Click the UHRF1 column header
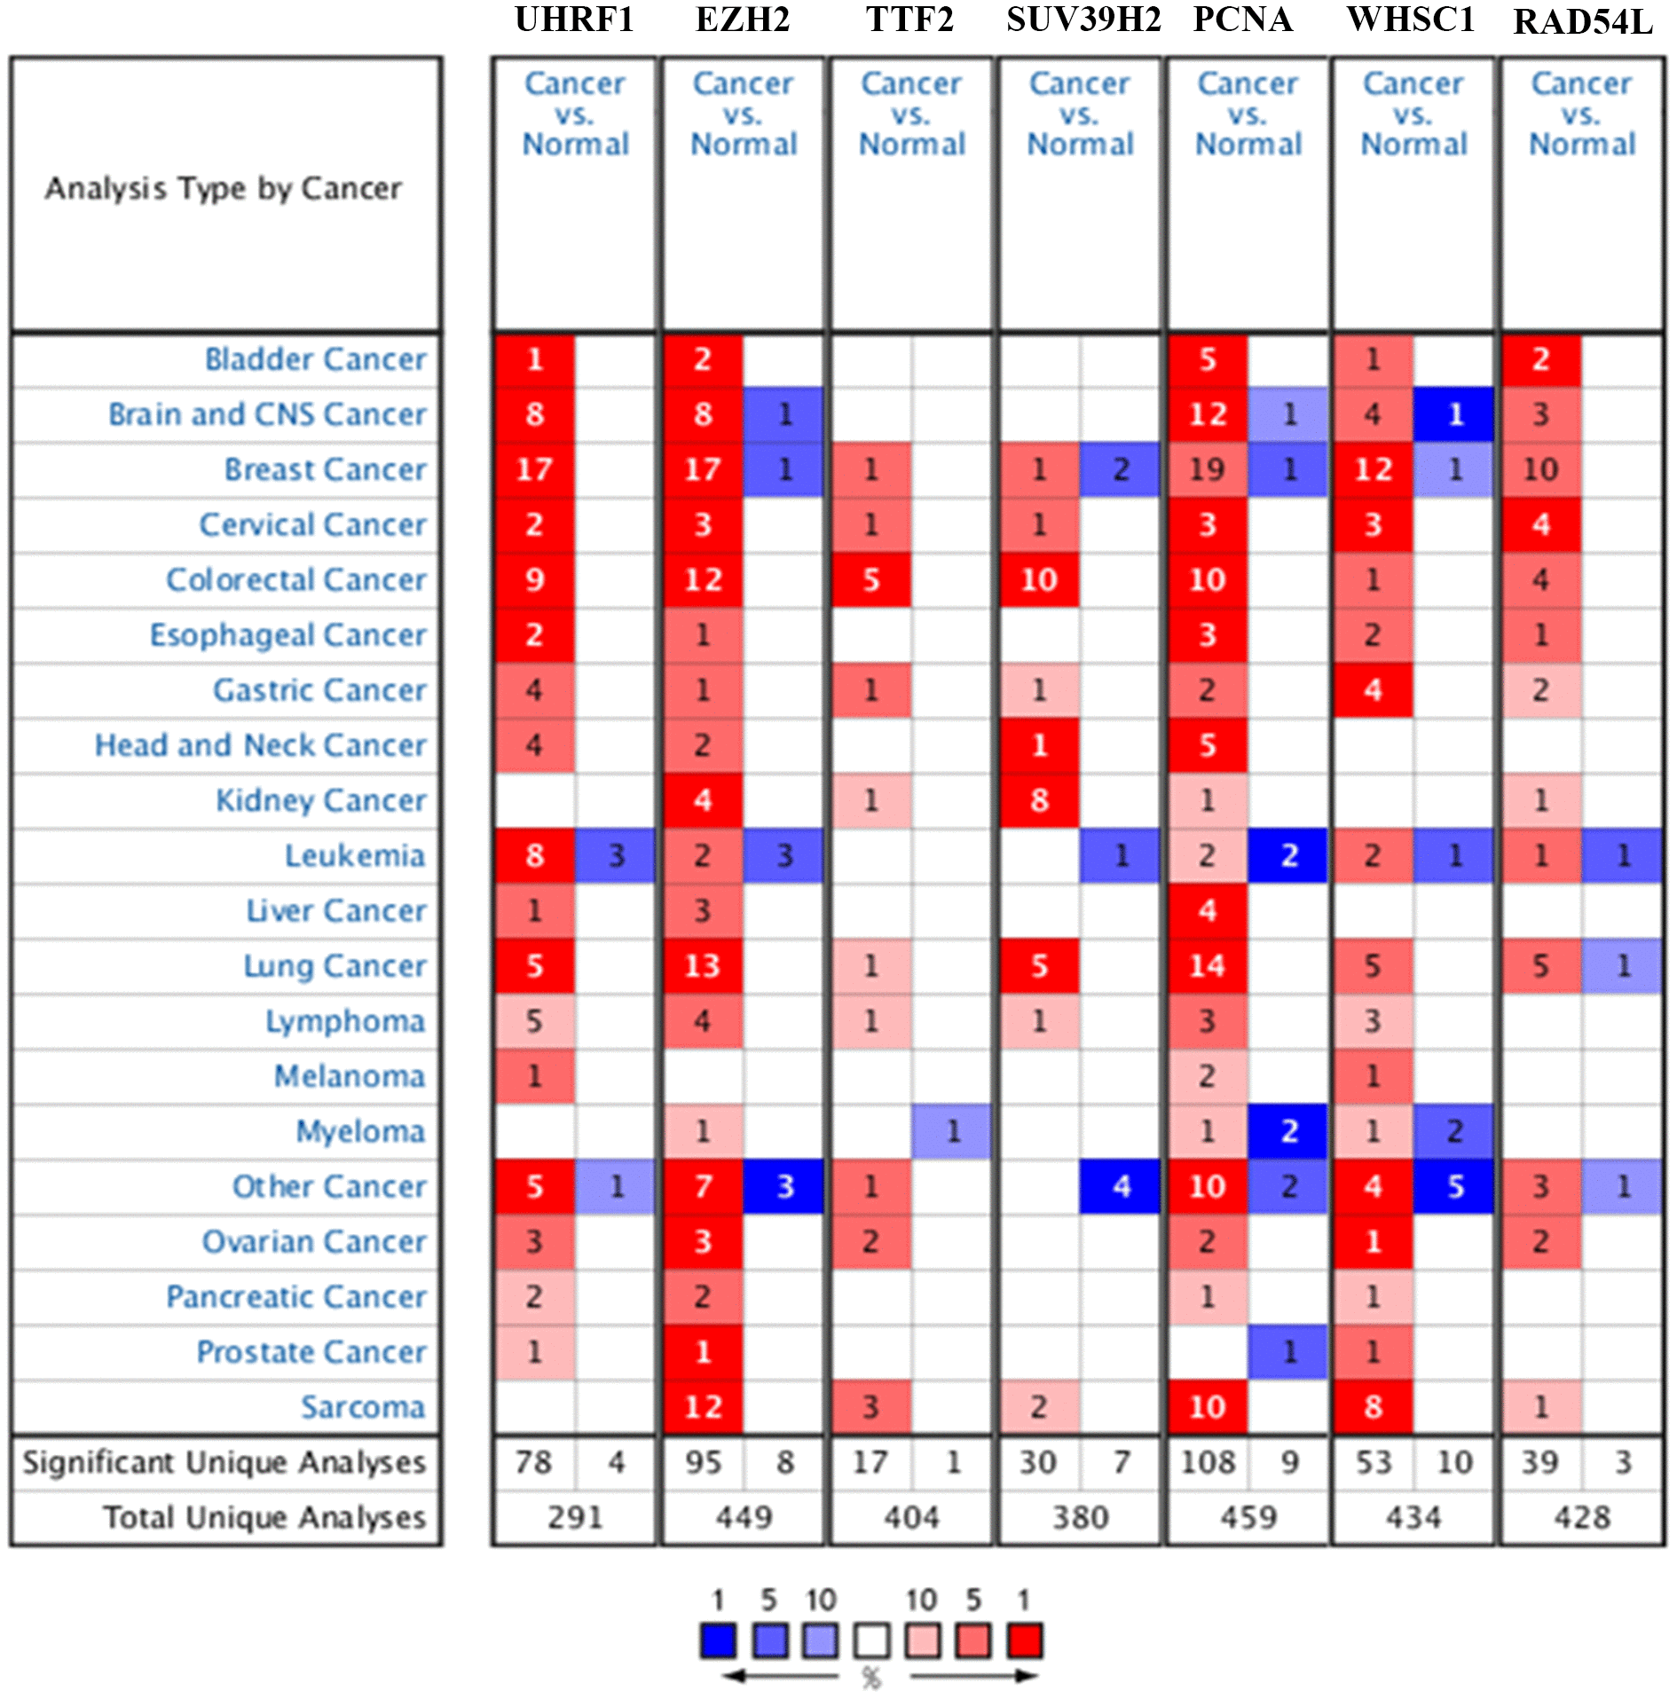click(x=574, y=20)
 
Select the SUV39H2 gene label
click(x=1083, y=20)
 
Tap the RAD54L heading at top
click(x=1582, y=21)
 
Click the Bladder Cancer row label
click(x=315, y=359)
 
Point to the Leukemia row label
click(x=354, y=855)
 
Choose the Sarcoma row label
click(x=362, y=1406)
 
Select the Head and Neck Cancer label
click(x=260, y=745)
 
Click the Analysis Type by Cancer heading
click(x=224, y=188)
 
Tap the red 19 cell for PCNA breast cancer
click(x=1207, y=469)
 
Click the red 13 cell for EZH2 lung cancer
click(x=703, y=965)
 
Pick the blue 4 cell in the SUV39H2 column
click(x=1121, y=1186)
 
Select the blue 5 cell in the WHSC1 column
click(x=1454, y=1186)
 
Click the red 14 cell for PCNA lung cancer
click(x=1207, y=965)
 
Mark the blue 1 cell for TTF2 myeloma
click(x=952, y=1131)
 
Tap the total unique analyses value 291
click(x=574, y=1517)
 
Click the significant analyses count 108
click(x=1207, y=1462)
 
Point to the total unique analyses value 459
click(x=1248, y=1517)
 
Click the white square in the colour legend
click(x=871, y=1640)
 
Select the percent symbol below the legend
click(x=871, y=1678)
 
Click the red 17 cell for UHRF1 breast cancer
click(x=534, y=469)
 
